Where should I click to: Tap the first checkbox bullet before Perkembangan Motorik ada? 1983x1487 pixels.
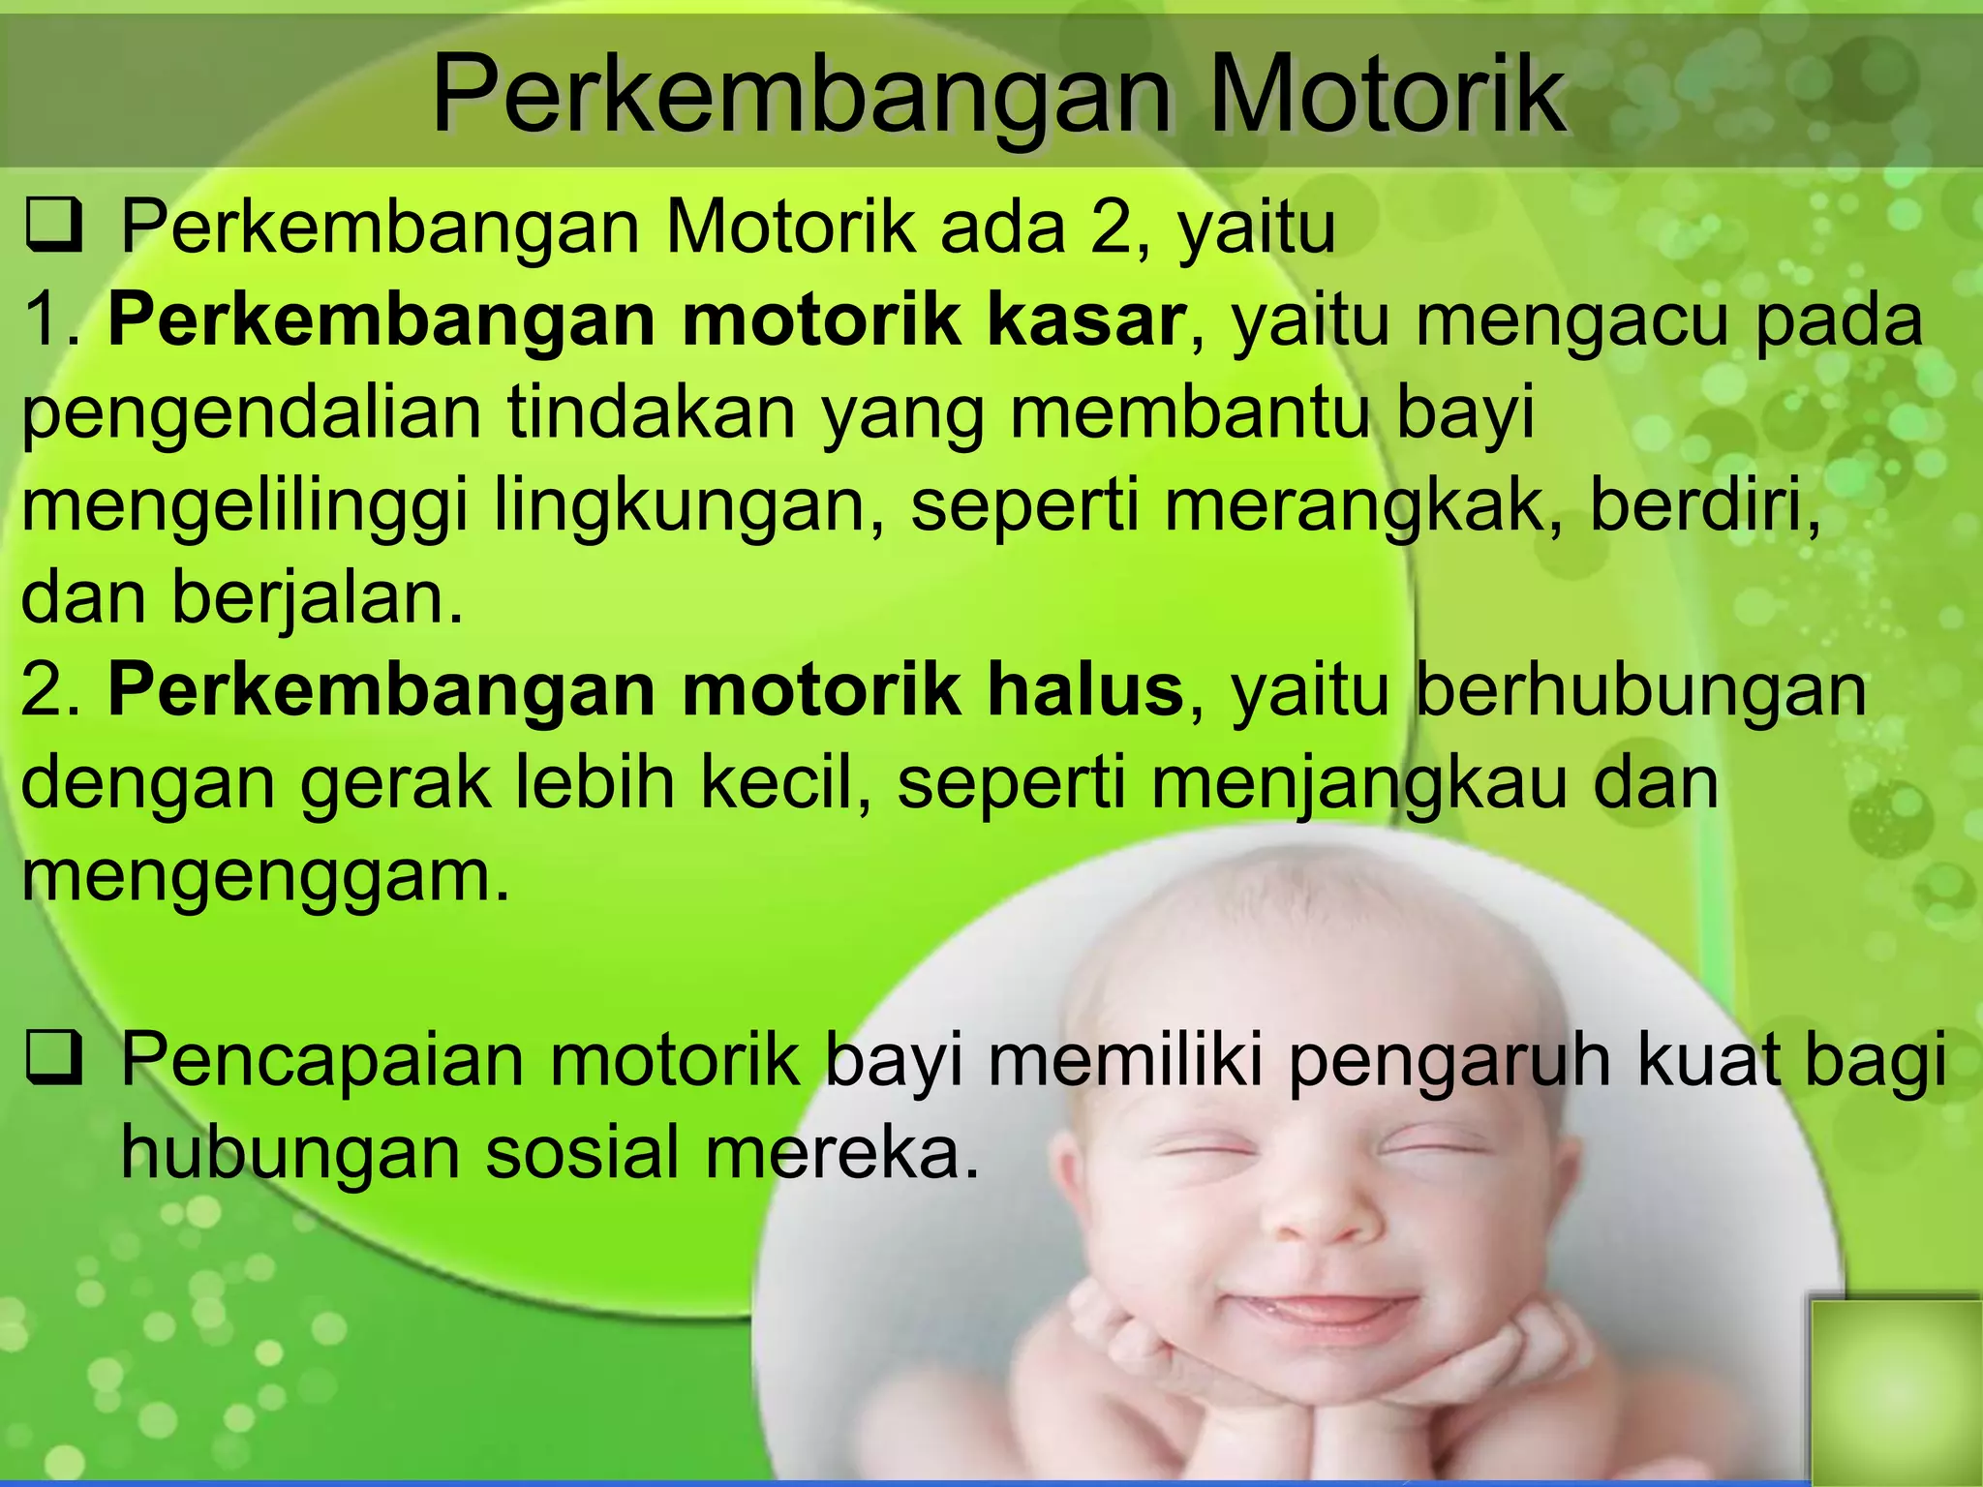[x=54, y=228]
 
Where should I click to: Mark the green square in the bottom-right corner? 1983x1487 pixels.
[x=1894, y=1390]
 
